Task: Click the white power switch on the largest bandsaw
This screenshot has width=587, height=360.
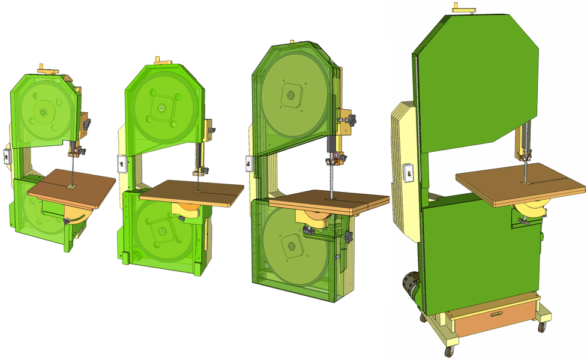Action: (x=406, y=173)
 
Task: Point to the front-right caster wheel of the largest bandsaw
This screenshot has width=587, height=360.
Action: (x=542, y=326)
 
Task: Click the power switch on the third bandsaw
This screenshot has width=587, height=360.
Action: (x=248, y=161)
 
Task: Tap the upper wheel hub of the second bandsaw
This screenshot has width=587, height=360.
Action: (x=160, y=109)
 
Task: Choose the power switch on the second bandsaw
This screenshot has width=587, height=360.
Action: (x=121, y=164)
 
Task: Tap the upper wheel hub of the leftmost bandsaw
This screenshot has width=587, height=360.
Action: (x=43, y=111)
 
